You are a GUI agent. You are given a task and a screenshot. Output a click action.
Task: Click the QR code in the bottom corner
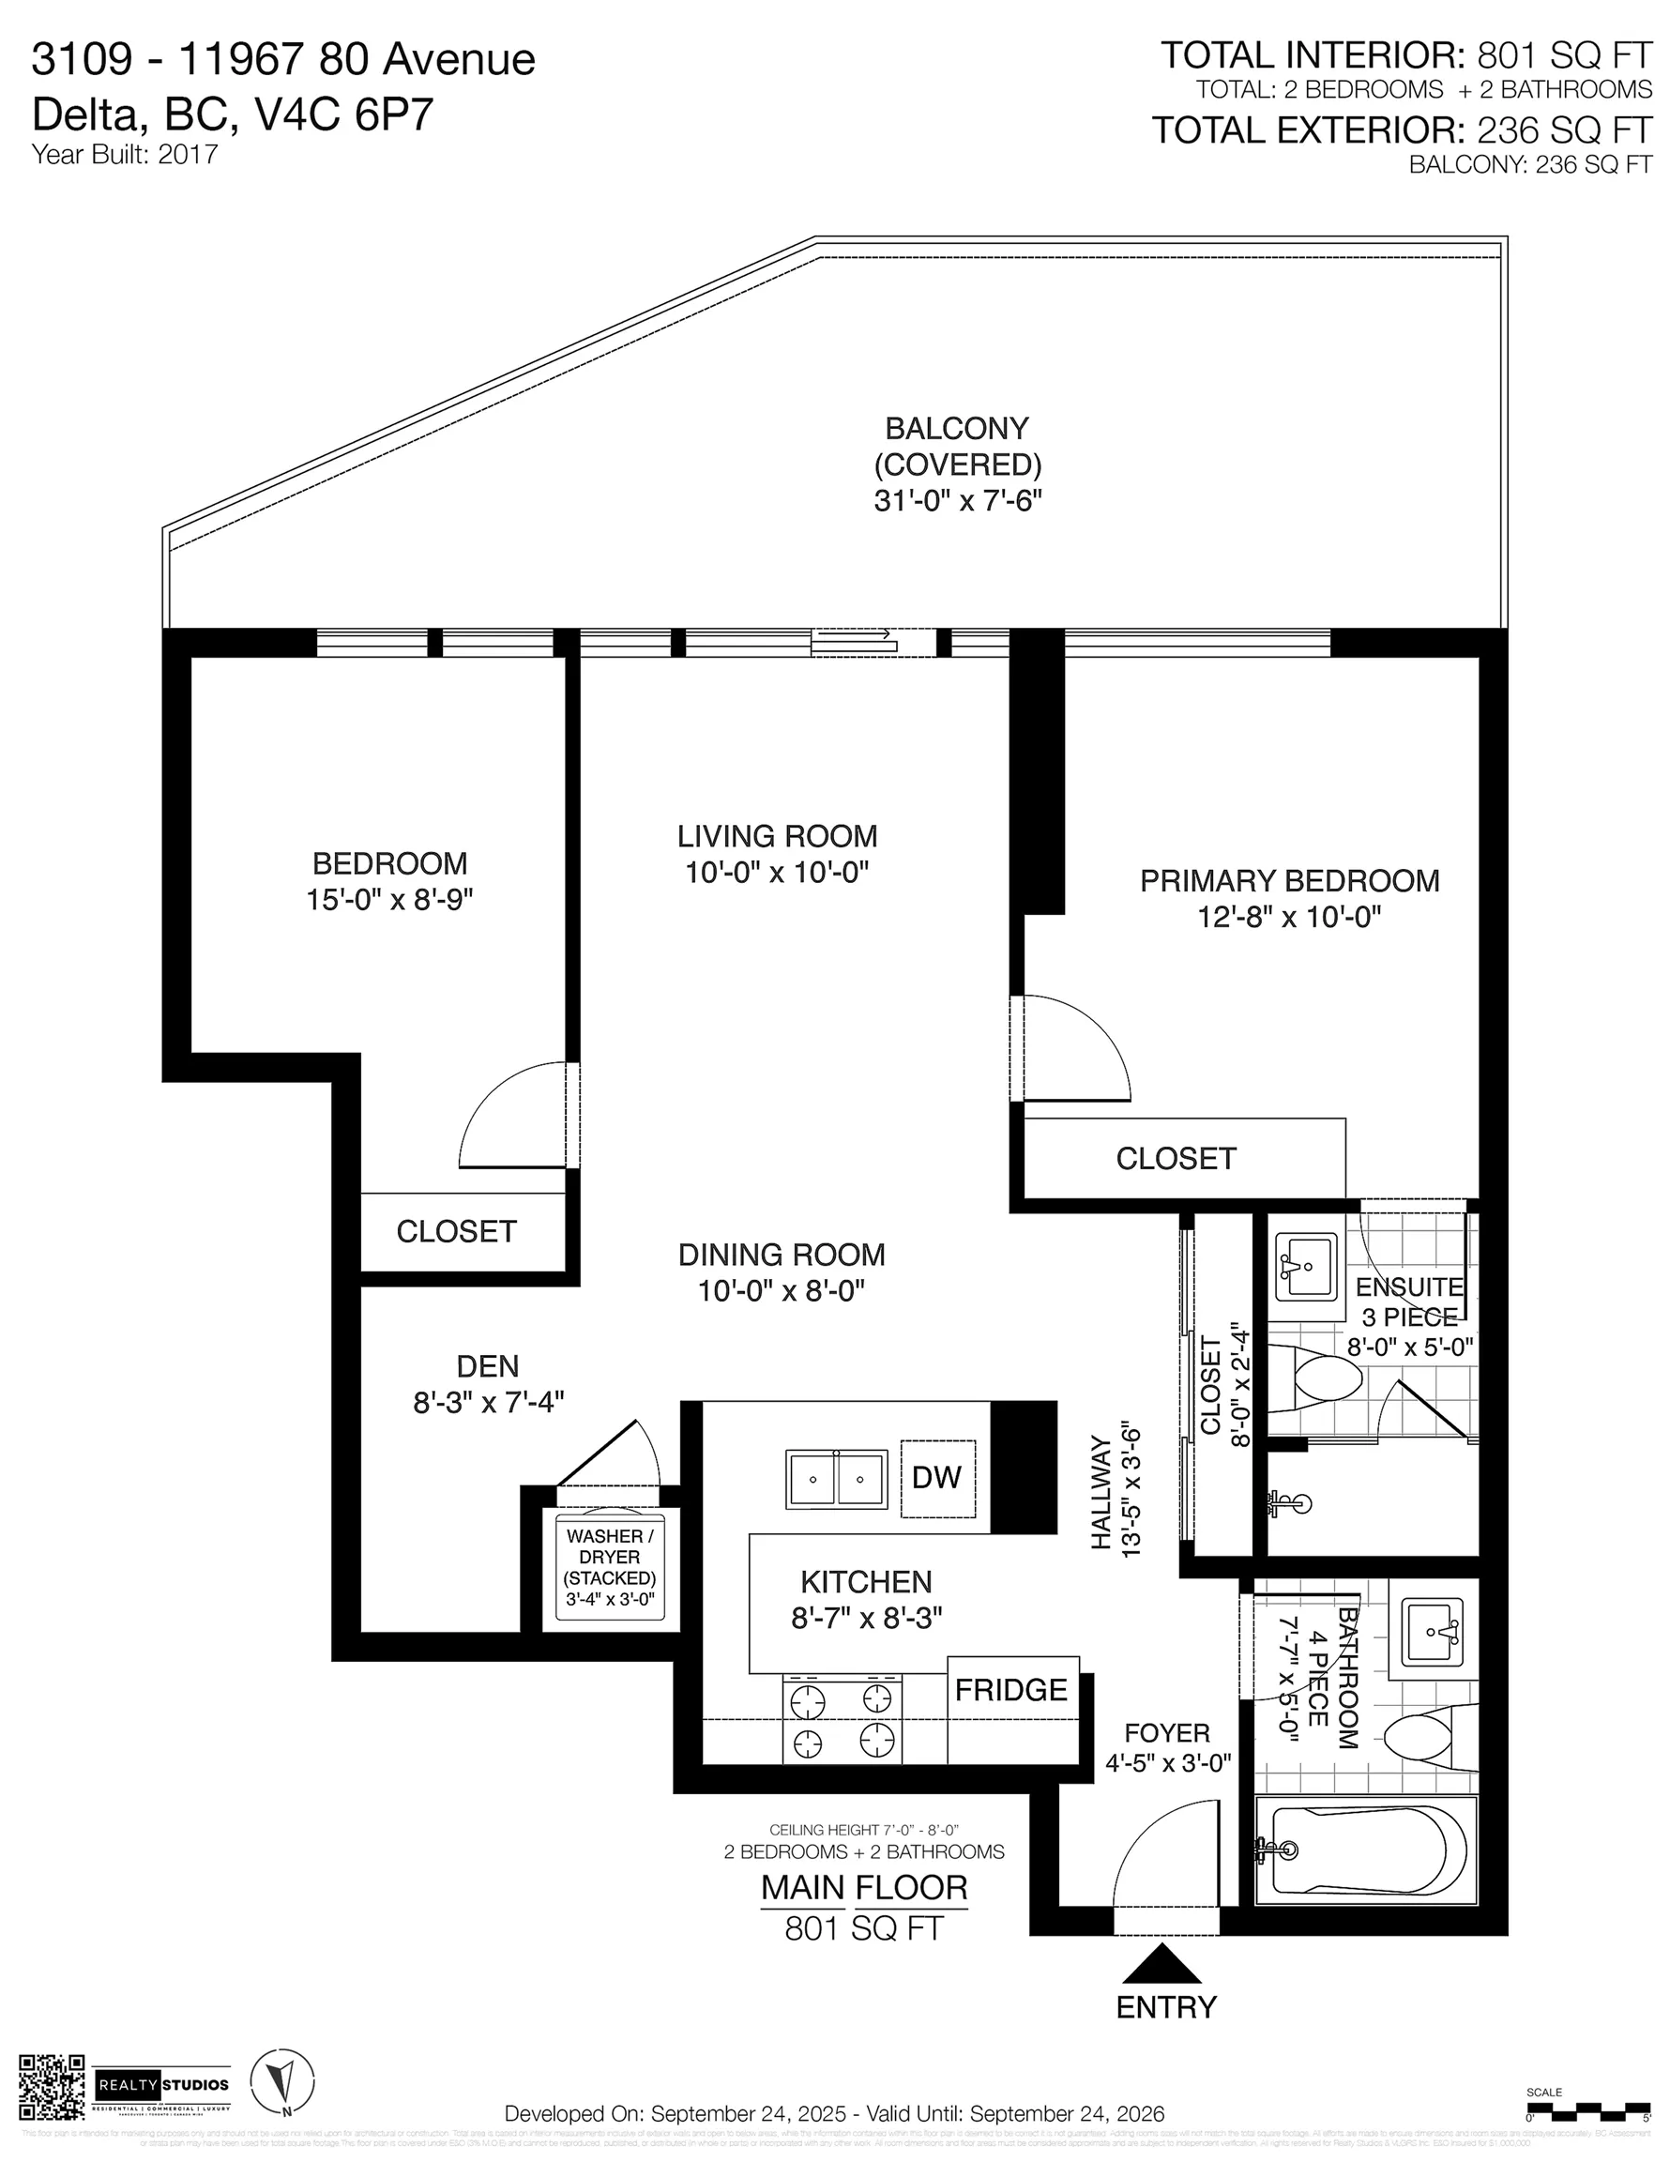point(52,2086)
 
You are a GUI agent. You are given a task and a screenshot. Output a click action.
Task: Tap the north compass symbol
point(282,2083)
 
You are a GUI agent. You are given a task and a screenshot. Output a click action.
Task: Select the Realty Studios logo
point(162,2086)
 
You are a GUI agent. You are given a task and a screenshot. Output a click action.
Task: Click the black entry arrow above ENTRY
point(1162,1964)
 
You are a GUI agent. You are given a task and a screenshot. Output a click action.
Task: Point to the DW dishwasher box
point(937,1478)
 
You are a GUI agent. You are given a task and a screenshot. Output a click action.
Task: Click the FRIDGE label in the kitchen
point(1010,1690)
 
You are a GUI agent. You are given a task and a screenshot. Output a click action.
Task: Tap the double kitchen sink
point(837,1479)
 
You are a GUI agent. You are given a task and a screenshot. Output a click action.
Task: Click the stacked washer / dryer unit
point(610,1568)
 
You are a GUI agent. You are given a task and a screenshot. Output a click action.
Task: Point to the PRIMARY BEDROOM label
point(1289,881)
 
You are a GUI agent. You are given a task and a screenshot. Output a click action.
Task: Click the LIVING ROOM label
point(777,836)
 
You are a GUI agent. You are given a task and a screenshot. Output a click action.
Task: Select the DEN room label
point(487,1366)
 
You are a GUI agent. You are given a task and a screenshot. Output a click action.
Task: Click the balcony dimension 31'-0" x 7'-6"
point(957,501)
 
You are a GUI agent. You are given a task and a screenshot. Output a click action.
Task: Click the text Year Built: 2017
point(125,155)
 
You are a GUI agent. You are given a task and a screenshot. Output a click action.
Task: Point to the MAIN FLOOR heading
point(863,1888)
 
